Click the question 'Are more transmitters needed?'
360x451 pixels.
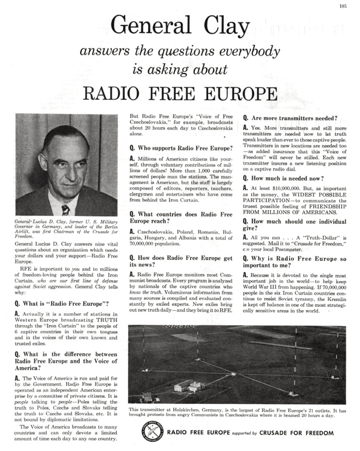[291, 118]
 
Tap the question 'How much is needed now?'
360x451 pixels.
[284, 178]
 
